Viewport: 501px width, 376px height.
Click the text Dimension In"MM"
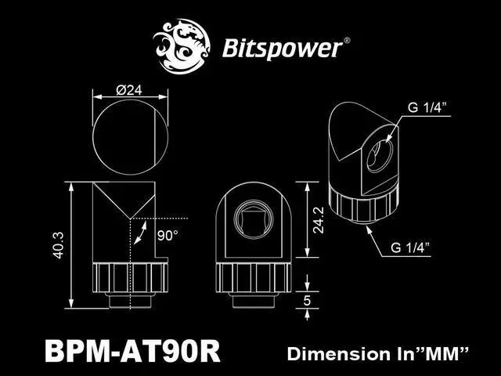click(x=378, y=353)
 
